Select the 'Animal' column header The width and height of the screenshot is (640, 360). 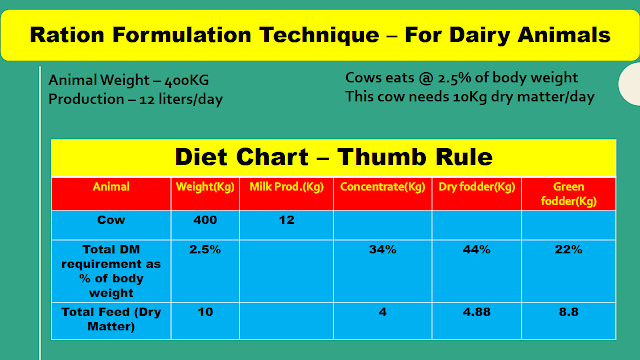point(111,187)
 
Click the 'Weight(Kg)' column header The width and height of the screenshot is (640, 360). point(205,187)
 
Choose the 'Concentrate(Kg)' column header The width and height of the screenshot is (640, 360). point(383,187)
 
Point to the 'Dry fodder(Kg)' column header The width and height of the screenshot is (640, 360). point(476,187)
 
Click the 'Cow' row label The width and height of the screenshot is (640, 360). point(111,219)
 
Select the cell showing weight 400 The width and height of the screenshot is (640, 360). point(205,219)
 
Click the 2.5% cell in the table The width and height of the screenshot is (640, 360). point(205,249)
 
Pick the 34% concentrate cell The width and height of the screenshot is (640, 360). point(383,249)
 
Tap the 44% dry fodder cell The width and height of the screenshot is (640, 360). point(476,249)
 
